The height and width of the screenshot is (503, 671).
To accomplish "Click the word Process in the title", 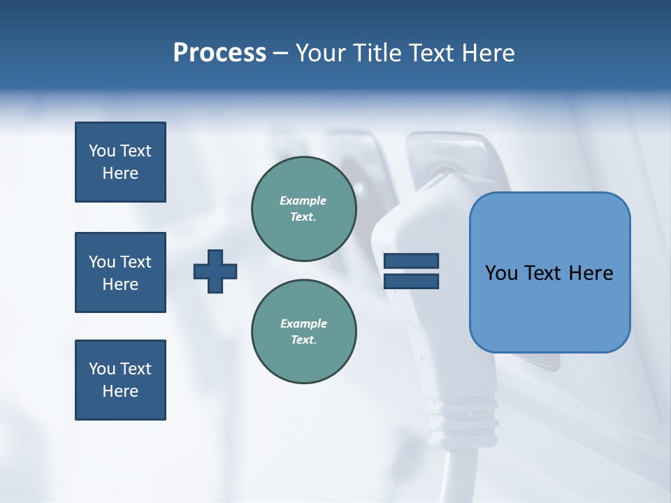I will click(219, 53).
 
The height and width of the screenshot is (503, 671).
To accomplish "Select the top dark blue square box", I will click(120, 162).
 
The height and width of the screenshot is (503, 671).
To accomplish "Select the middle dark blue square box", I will click(120, 272).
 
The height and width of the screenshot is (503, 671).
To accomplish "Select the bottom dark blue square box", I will click(120, 380).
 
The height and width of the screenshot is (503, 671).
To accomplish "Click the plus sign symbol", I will click(215, 271).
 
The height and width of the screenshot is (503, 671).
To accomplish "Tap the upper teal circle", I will click(303, 209).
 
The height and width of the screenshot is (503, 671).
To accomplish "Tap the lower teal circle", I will click(303, 332).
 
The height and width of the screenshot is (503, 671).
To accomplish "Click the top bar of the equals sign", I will click(411, 261).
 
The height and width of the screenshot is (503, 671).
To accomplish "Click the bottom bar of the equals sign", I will click(411, 281).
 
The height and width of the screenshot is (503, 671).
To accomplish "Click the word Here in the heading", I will click(488, 53).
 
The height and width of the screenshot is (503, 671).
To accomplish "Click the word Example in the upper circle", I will click(303, 201).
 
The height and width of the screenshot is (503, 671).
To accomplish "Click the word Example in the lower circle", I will click(303, 323).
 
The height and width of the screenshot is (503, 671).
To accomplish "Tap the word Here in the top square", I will click(120, 173).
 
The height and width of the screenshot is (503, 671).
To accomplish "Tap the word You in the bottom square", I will click(101, 369).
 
